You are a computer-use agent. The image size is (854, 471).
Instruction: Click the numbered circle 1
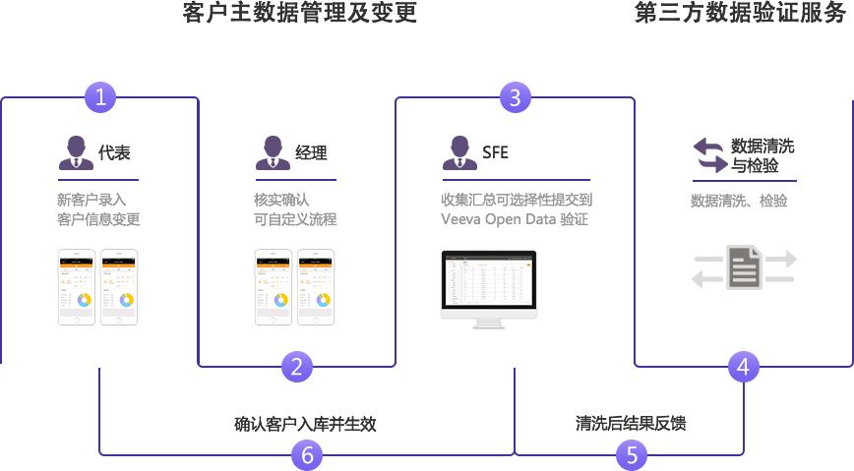99,97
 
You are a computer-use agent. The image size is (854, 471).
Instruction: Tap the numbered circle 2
297,367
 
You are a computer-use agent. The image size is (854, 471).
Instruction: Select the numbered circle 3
515,97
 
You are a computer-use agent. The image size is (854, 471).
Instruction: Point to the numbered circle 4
744,367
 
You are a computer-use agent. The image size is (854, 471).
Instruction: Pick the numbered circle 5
632,455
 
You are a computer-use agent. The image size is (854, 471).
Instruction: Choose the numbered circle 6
307,455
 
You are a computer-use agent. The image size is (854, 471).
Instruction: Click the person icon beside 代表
76,153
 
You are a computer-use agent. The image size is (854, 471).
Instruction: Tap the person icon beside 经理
273,153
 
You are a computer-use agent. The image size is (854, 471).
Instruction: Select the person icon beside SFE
459,153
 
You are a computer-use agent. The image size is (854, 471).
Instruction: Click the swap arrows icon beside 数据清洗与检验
708,155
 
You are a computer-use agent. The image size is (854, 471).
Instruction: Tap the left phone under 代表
77,287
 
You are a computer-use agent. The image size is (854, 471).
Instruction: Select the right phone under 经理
316,287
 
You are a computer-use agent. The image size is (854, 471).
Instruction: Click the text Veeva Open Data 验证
515,220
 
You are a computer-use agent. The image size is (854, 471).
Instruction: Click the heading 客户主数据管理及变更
300,14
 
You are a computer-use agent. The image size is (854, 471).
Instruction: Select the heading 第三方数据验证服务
740,14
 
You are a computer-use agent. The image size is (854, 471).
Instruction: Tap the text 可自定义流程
295,220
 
